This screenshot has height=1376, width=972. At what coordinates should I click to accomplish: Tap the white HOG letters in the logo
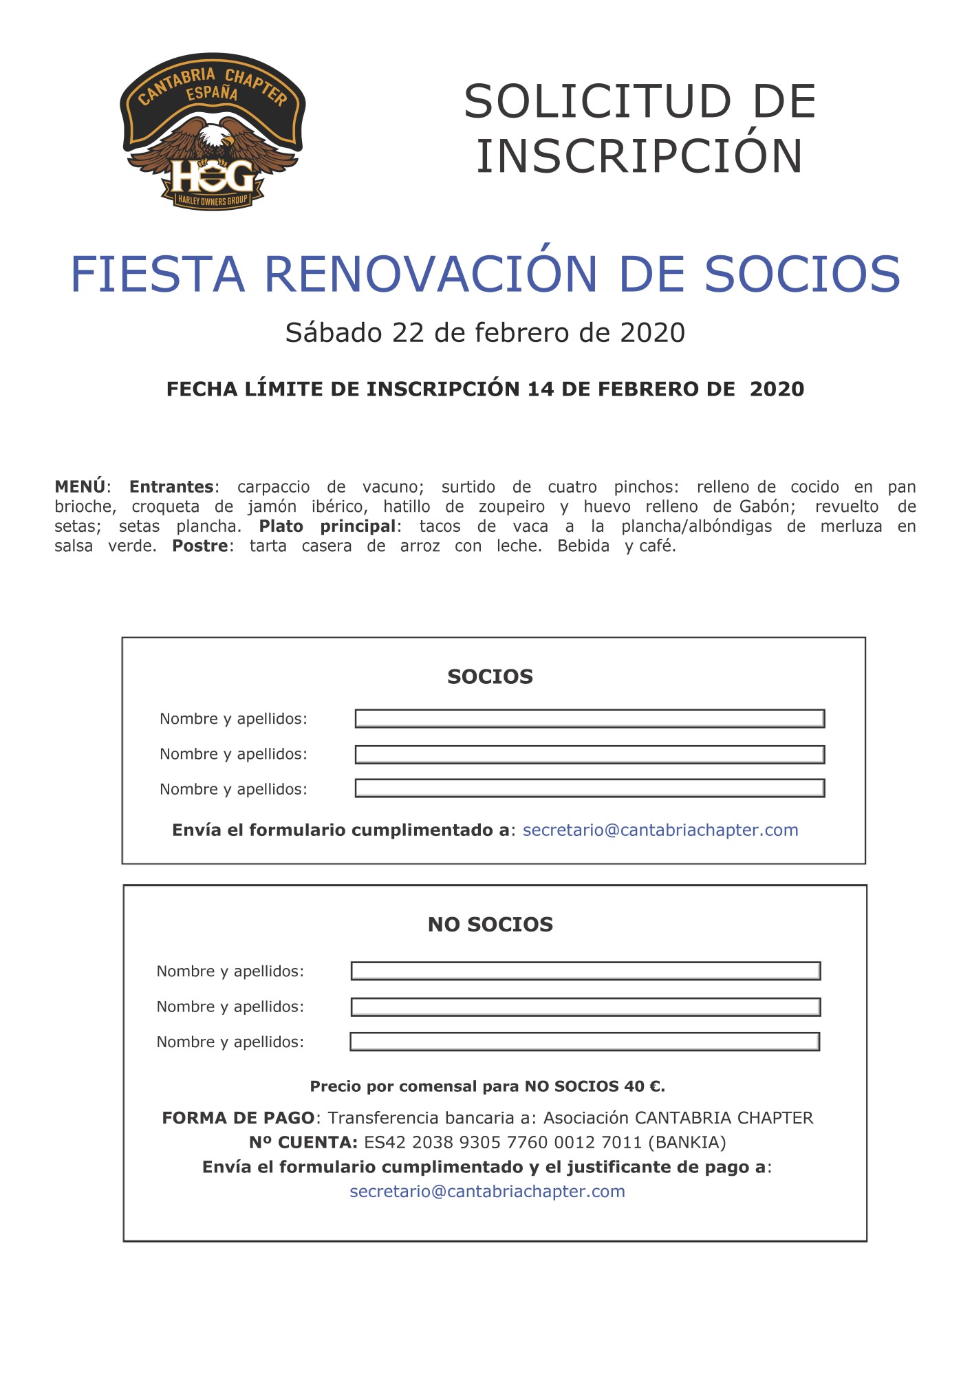(x=212, y=176)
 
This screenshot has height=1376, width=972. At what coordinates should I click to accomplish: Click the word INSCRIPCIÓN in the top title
(x=639, y=157)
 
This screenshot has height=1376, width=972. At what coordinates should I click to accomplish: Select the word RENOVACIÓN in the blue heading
(x=431, y=275)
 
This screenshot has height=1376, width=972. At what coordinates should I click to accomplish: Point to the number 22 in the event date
(x=407, y=333)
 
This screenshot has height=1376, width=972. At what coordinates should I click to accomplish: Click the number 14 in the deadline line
(x=541, y=389)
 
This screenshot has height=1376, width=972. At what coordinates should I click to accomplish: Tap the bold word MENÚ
(x=80, y=487)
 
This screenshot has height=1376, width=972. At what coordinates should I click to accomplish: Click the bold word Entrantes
(x=171, y=487)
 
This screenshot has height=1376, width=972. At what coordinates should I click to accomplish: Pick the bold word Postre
(x=199, y=546)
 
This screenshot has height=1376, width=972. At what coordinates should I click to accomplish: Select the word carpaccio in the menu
(x=273, y=487)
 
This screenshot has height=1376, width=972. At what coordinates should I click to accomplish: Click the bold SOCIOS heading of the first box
(x=490, y=677)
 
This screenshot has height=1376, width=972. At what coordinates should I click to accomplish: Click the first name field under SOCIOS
(x=590, y=719)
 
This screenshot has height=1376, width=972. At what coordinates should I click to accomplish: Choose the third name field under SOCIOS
(x=590, y=788)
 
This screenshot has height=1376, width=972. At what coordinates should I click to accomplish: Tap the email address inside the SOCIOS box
(x=660, y=830)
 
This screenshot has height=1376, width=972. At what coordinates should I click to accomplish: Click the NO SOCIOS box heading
(x=490, y=925)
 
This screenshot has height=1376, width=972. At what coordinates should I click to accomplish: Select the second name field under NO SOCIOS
(x=585, y=1007)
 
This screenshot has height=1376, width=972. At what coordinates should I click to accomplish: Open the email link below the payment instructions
(x=487, y=1192)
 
